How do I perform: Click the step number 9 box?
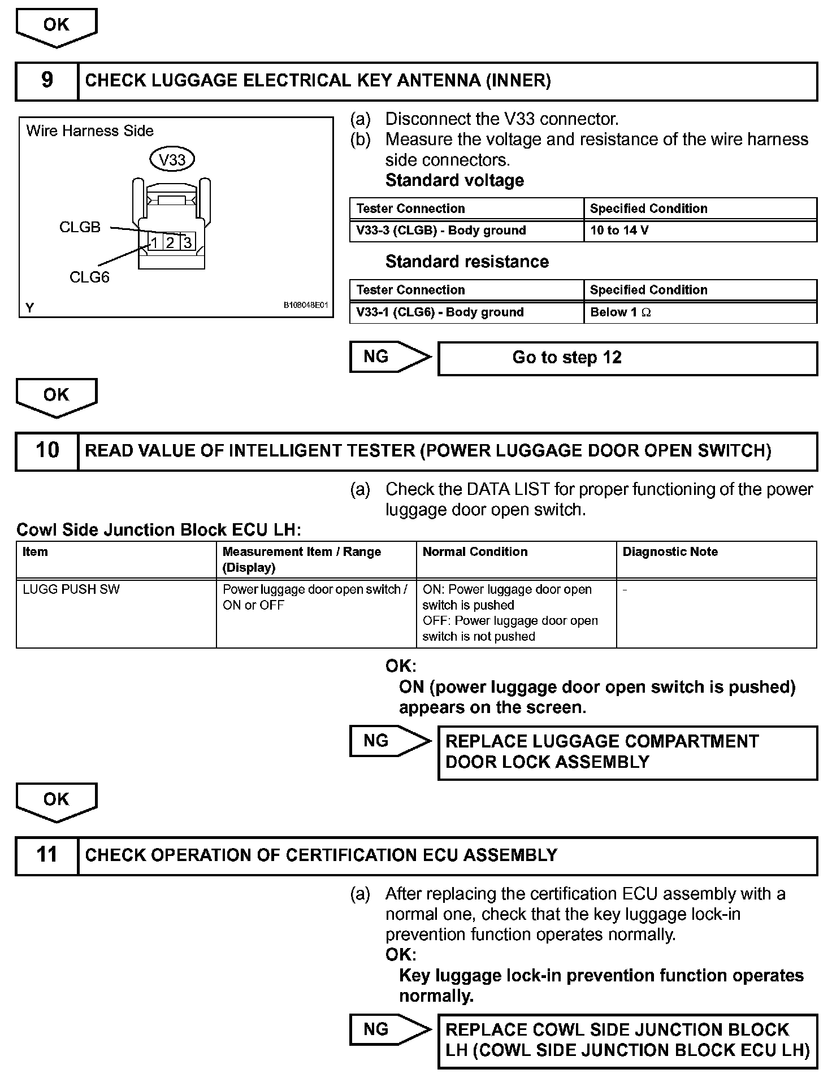tap(47, 81)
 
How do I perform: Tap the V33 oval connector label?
tap(172, 160)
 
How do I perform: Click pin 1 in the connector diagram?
tap(154, 243)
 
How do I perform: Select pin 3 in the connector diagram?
tap(188, 243)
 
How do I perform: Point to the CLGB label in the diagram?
tap(80, 227)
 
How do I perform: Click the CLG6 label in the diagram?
tap(89, 277)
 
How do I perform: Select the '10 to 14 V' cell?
tap(700, 231)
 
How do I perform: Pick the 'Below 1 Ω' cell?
tap(700, 312)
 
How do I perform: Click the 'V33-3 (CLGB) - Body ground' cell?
tap(466, 231)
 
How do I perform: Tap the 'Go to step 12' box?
tap(627, 358)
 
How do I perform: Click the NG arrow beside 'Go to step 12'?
tap(389, 357)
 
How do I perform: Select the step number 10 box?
tap(47, 451)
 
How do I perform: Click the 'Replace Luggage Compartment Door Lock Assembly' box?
tap(627, 753)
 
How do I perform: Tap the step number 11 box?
tap(47, 855)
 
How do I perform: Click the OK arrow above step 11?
tap(57, 801)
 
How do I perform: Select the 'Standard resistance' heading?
tap(467, 262)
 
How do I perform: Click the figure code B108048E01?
tap(306, 305)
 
